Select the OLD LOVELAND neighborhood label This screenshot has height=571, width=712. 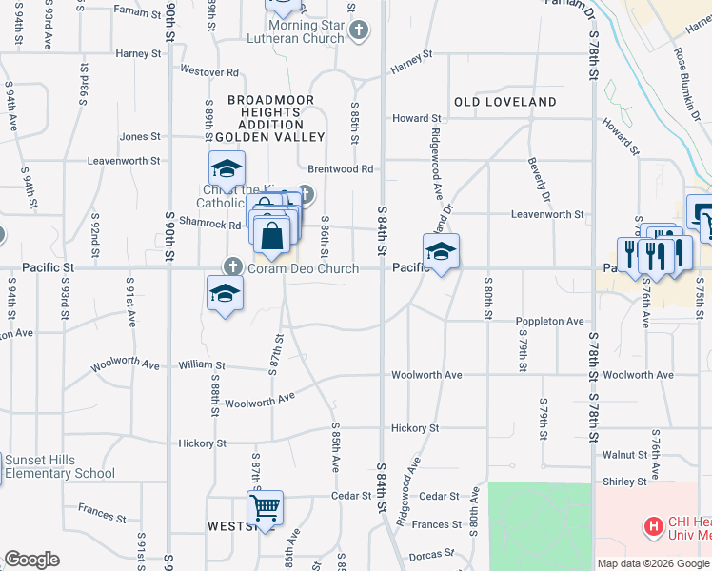[505, 102]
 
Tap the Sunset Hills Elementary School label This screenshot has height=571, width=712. [59, 467]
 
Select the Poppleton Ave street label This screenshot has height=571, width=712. [550, 322]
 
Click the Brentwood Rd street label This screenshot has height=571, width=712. [351, 168]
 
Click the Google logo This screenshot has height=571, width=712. [31, 560]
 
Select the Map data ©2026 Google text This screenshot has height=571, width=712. [654, 563]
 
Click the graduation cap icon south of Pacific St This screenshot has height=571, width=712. [225, 294]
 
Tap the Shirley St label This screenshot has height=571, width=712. [624, 482]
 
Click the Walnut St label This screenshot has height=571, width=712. [624, 455]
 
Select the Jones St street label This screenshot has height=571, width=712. [140, 137]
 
